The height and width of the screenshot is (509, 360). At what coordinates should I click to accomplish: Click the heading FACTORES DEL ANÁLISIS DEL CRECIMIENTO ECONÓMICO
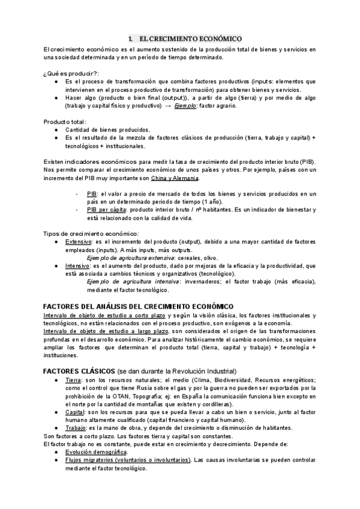coord(139,306)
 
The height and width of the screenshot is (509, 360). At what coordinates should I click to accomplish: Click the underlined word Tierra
coord(74,380)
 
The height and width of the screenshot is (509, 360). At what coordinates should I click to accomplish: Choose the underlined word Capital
coord(76,412)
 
